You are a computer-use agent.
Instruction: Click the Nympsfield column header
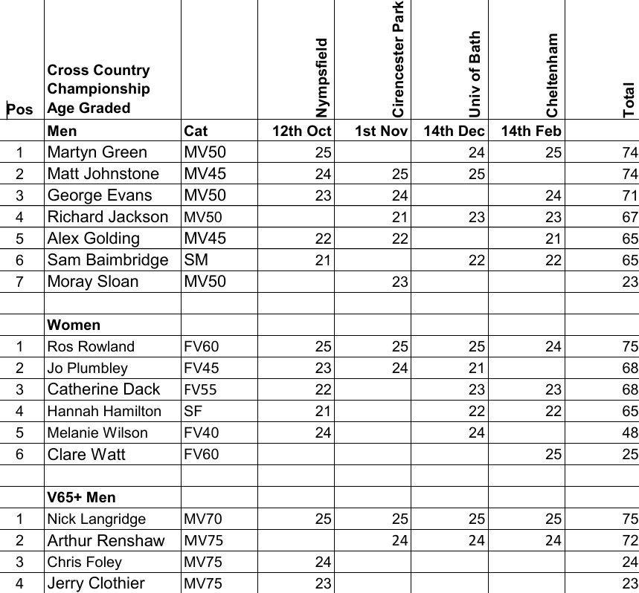click(x=321, y=77)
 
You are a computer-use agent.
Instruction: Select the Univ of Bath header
click(x=475, y=74)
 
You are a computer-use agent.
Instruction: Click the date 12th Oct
click(x=301, y=132)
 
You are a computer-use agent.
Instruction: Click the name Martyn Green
click(x=97, y=152)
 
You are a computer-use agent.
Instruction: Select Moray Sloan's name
click(x=92, y=282)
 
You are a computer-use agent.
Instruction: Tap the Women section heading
click(x=74, y=325)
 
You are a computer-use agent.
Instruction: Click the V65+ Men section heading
click(x=81, y=497)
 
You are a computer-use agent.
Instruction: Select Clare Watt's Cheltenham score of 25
click(x=553, y=454)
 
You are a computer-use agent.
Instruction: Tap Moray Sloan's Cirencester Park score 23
click(x=399, y=282)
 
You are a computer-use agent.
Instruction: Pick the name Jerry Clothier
click(x=96, y=583)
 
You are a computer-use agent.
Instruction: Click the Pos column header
click(x=20, y=109)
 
